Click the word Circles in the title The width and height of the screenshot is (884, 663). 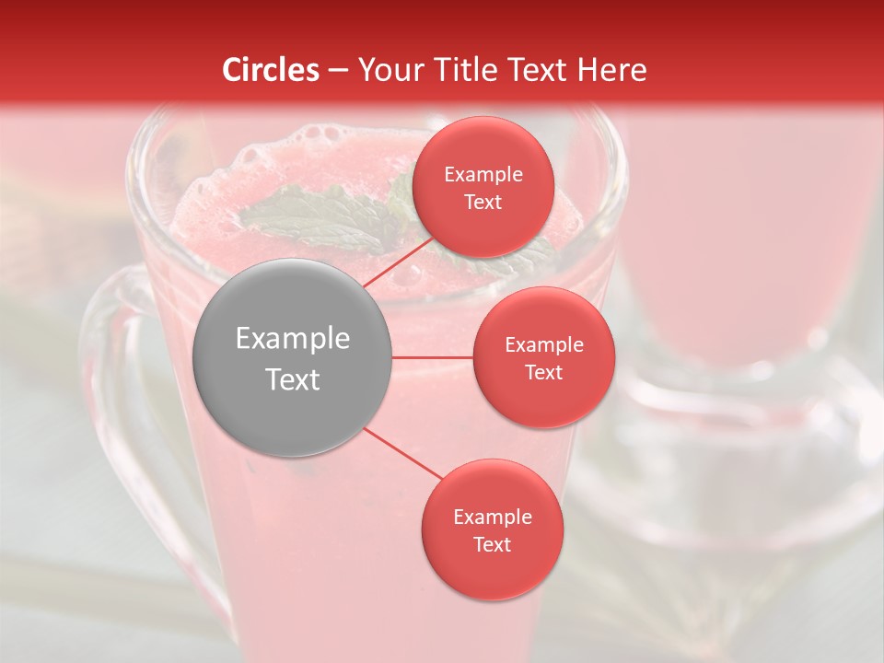[271, 70]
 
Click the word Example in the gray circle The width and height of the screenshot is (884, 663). [293, 339]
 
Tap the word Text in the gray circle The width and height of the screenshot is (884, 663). [293, 379]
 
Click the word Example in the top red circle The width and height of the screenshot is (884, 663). [483, 175]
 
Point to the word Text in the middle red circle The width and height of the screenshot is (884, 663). [543, 373]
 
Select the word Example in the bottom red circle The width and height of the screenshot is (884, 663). [492, 518]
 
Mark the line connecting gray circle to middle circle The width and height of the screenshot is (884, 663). [433, 357]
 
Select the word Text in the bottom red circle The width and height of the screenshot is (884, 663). [492, 545]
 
